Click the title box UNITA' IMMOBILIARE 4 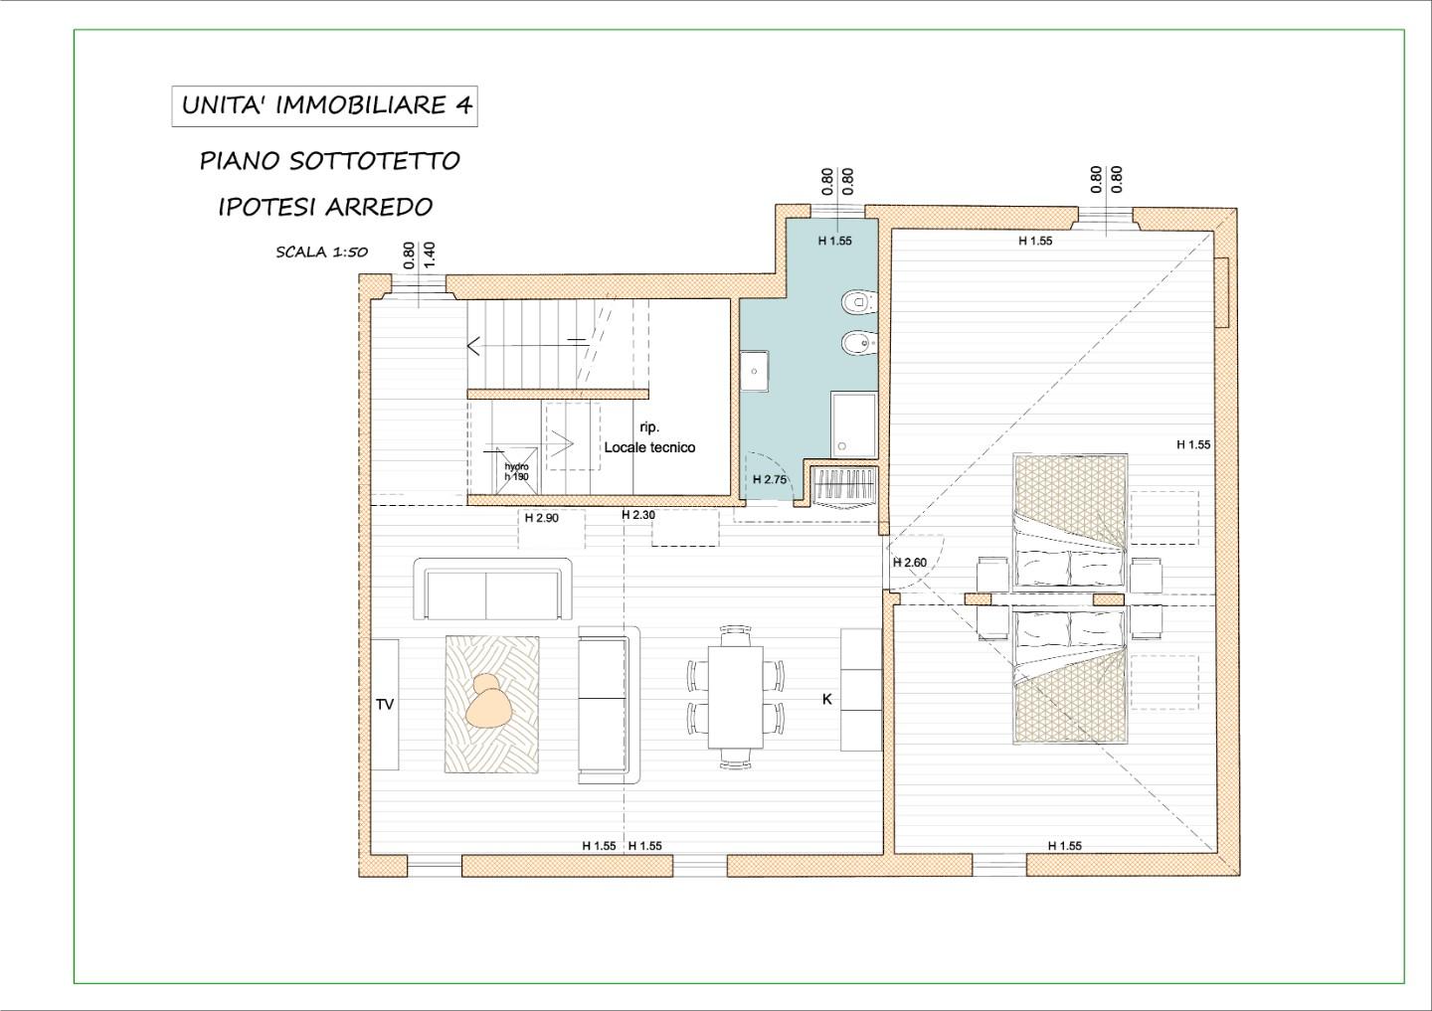(325, 106)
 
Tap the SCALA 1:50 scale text (321, 253)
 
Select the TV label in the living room (385, 704)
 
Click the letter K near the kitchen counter (827, 700)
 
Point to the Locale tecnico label (649, 447)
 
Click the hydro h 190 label (516, 471)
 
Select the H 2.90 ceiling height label (541, 518)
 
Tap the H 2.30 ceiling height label (638, 515)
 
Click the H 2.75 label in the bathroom (770, 479)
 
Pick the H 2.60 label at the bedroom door (910, 563)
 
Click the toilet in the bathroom (859, 302)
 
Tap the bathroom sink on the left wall (755, 371)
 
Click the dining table (735, 697)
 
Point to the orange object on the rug (488, 702)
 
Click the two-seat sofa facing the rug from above (492, 589)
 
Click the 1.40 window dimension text (429, 254)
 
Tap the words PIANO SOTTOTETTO (330, 161)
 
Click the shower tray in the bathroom (854, 425)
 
